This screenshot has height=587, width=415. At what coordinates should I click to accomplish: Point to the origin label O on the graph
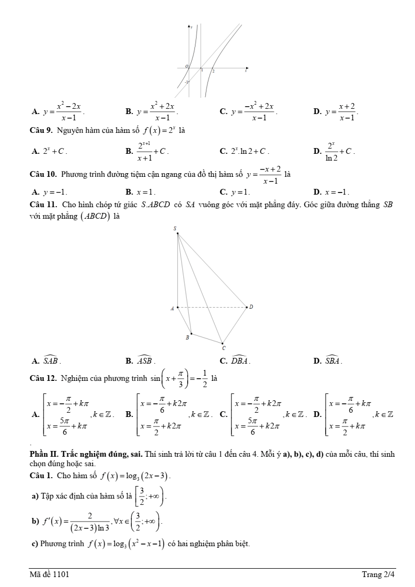point(186,66)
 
